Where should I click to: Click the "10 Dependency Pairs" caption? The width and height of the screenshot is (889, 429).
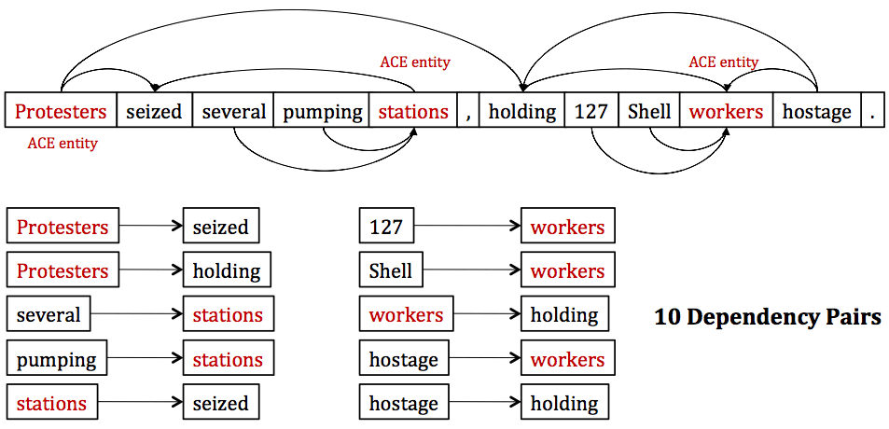point(767,317)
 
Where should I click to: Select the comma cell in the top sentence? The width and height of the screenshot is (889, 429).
point(468,112)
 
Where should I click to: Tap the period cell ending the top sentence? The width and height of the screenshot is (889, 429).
point(871,112)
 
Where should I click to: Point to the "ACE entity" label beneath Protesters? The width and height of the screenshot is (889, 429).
point(63,144)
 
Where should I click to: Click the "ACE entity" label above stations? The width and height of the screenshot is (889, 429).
point(415,62)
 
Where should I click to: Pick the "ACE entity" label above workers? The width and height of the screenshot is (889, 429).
point(724,62)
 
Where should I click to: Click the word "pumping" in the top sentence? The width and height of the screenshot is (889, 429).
point(323,112)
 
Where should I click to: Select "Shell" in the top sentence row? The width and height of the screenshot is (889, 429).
point(649,112)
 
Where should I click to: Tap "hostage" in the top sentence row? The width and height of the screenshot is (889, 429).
point(816,112)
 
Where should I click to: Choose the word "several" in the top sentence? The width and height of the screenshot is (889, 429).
point(234,112)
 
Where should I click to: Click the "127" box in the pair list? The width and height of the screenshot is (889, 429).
point(386,227)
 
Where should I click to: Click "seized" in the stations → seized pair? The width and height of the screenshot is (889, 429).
point(220,404)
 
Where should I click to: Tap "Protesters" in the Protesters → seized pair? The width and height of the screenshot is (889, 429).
point(63,227)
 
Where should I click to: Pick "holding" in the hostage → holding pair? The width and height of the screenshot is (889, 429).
point(564,404)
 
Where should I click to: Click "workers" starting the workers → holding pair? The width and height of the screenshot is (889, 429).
point(407,315)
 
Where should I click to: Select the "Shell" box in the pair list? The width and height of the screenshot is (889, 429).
point(390,270)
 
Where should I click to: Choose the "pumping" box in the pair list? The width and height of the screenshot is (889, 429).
point(56,359)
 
